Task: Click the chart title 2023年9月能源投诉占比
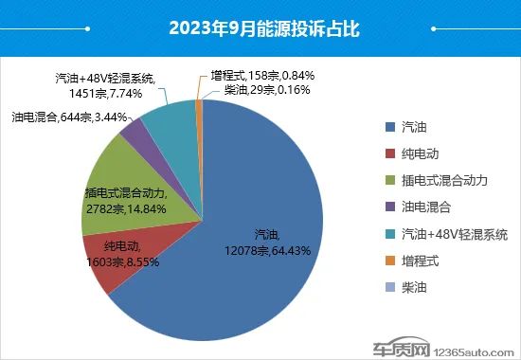260,27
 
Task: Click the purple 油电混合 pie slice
135,132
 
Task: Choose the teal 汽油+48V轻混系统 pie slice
171,114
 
